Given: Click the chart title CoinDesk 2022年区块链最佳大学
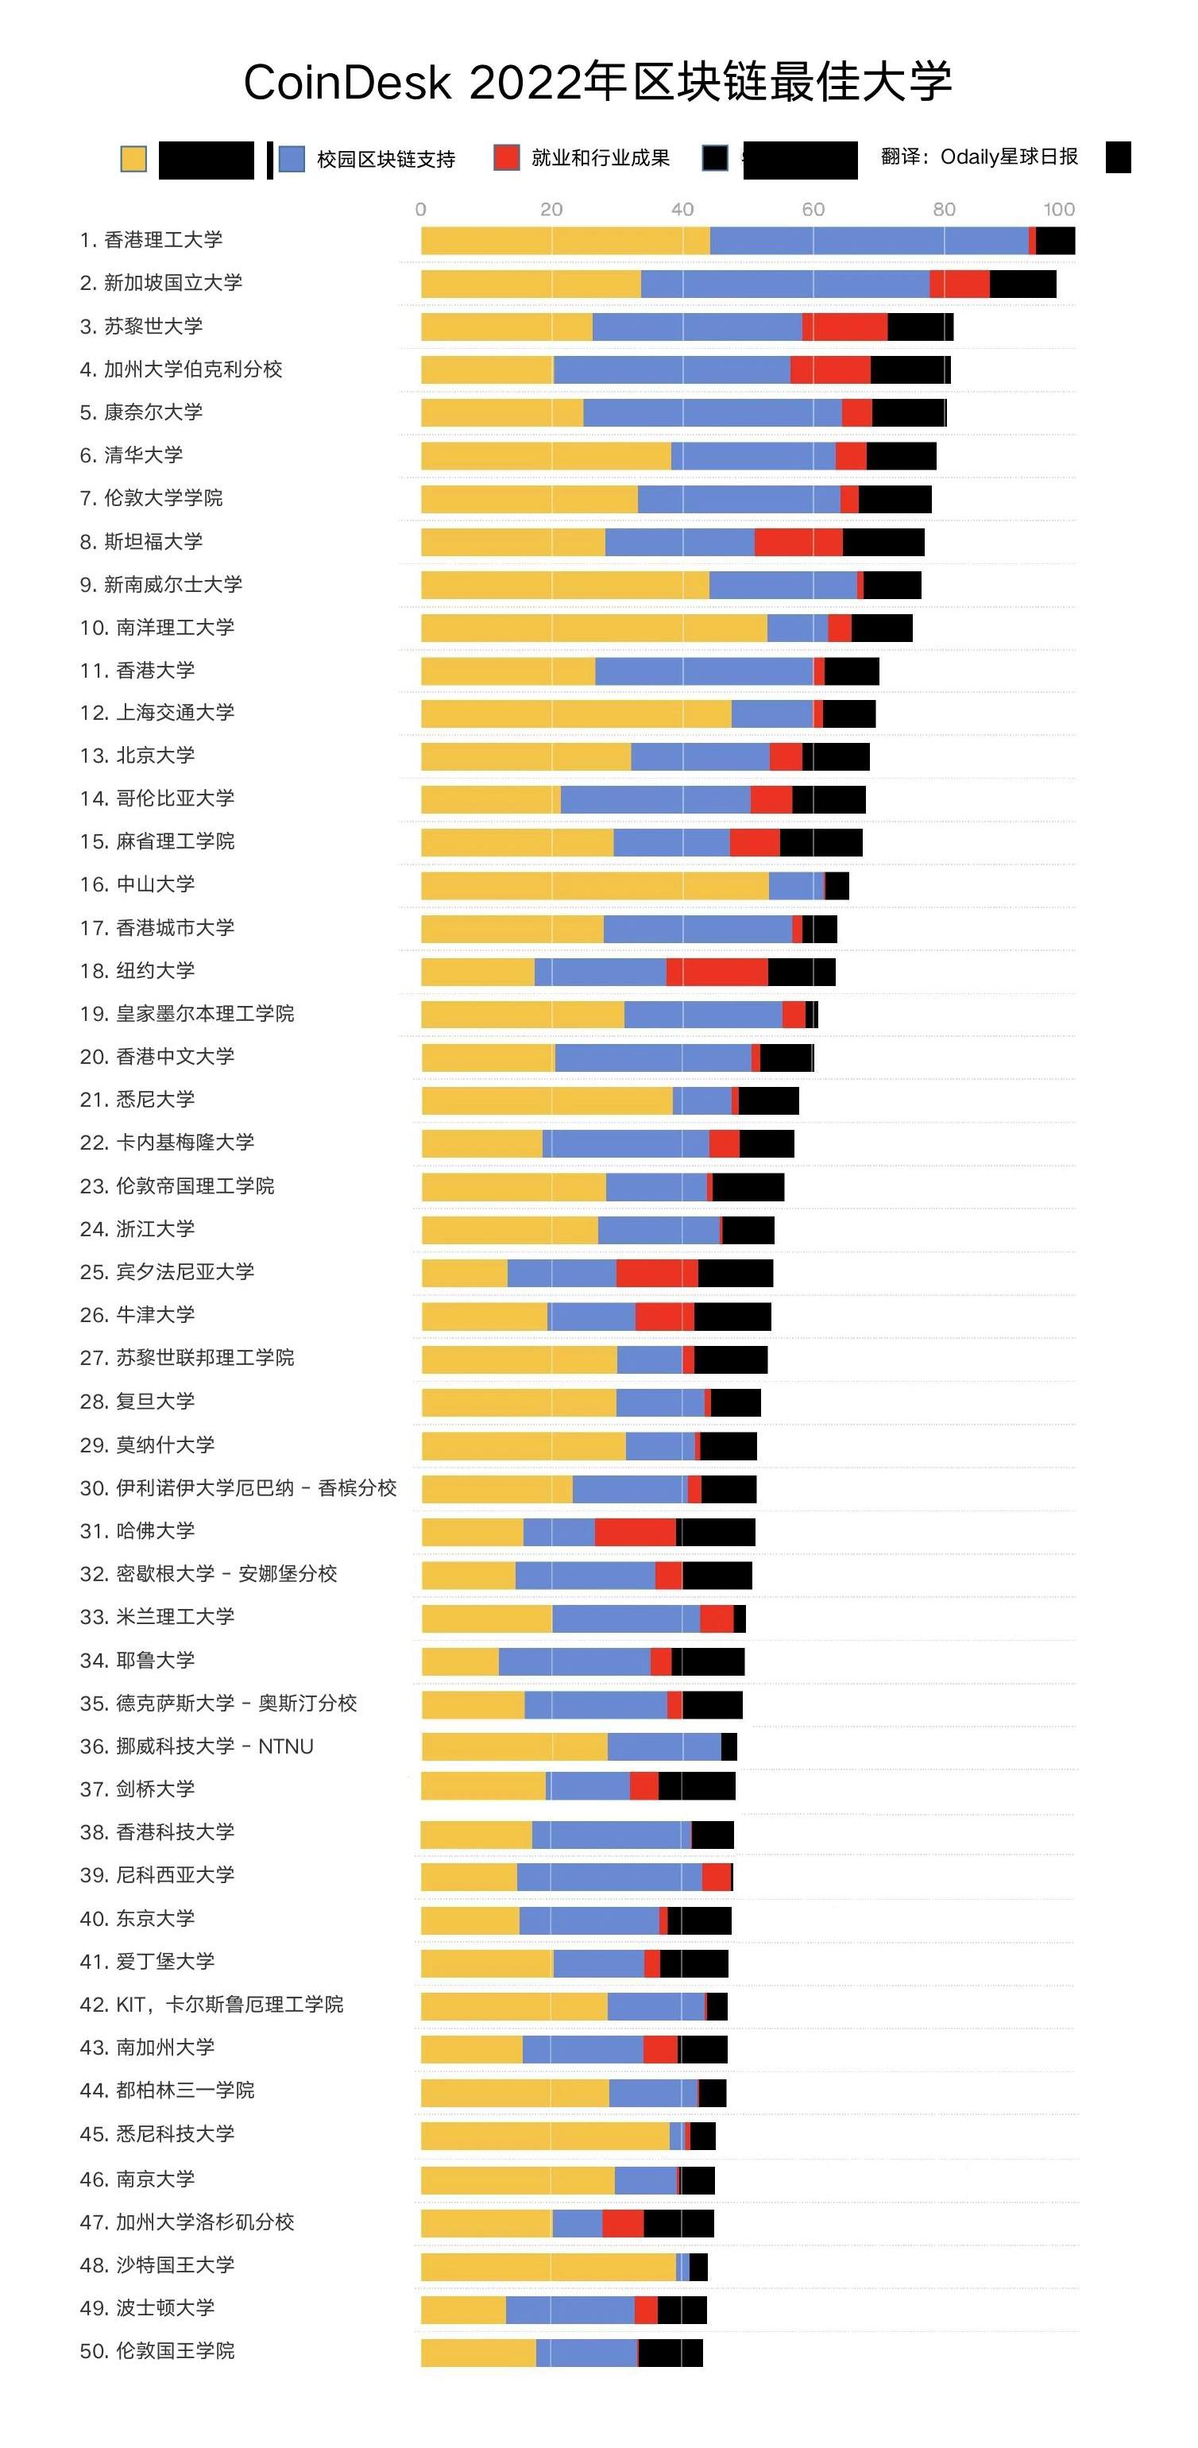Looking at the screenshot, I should [x=597, y=82].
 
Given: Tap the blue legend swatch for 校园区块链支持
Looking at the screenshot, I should [x=292, y=159].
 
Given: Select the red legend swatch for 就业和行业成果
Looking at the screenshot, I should [x=506, y=158].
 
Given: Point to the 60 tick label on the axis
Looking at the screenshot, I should [x=812, y=209].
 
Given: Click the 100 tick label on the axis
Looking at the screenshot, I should [x=1058, y=209].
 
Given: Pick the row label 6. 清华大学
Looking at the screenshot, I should [x=131, y=455].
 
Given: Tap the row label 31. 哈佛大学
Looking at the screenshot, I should [x=137, y=1530].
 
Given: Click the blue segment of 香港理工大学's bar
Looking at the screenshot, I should [x=868, y=242].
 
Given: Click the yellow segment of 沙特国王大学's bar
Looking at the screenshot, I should [x=548, y=2267].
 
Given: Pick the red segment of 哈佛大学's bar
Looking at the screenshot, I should [x=635, y=1532].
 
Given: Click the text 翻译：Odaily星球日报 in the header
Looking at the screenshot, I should [x=979, y=157].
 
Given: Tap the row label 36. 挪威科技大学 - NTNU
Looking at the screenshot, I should [x=197, y=1746].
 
